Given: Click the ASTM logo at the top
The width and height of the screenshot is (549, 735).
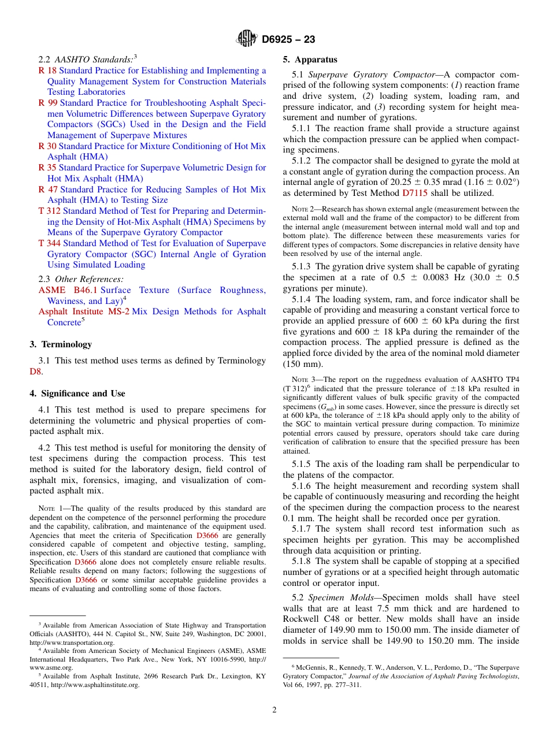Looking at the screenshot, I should tap(247, 39).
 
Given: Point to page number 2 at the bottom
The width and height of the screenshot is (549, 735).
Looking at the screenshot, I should tap(274, 710).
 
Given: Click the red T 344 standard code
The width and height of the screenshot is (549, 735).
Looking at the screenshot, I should tap(49, 243).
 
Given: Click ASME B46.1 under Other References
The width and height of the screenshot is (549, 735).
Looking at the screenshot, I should tap(68, 290).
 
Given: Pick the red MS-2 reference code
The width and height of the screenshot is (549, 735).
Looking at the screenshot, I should tap(118, 311).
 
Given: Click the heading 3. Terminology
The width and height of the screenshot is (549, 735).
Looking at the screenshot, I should tap(61, 344).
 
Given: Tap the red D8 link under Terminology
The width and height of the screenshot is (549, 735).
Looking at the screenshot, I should tap(35, 372).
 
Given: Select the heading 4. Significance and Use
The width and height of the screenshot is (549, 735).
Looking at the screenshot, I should tap(77, 394).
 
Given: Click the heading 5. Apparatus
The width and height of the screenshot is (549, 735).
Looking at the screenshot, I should tap(310, 60).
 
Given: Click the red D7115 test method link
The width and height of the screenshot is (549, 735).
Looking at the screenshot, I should tap(414, 193).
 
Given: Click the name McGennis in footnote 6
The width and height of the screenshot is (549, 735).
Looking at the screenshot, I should tap(309, 667).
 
